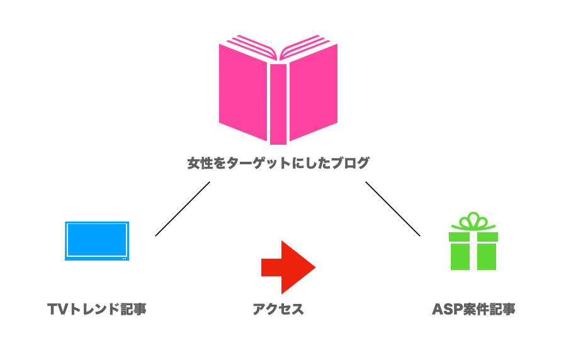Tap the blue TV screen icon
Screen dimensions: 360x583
(97, 240)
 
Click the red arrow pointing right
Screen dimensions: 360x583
(288, 267)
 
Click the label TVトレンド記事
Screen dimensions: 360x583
(97, 310)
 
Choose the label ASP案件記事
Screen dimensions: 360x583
(473, 310)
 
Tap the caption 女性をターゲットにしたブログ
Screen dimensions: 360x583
(278, 164)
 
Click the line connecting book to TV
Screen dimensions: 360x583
(182, 209)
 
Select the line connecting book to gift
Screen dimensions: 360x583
(392, 209)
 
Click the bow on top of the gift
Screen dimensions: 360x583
(473, 222)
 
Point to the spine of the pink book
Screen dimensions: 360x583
(278, 104)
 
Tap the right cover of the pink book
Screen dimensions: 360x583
(314, 94)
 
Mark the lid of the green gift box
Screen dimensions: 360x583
(473, 237)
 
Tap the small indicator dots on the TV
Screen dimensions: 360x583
(124, 257)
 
